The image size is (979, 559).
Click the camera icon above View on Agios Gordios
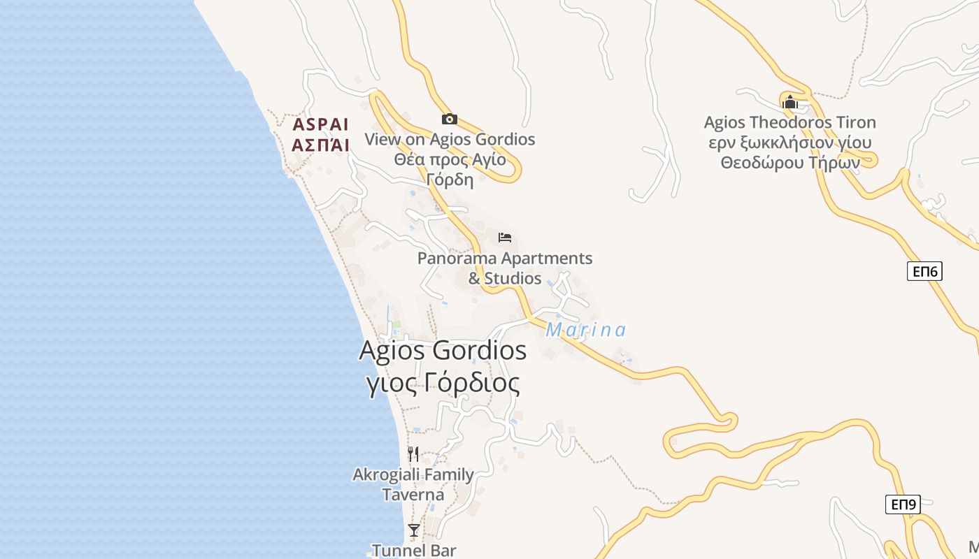pos(449,119)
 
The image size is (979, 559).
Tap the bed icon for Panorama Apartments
pos(505,238)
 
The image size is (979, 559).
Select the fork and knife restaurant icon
pos(413,454)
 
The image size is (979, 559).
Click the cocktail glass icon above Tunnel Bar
pos(414,530)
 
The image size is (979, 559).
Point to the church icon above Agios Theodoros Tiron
pos(790,102)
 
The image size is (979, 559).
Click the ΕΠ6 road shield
pos(924,271)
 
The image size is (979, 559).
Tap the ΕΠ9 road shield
pos(903,504)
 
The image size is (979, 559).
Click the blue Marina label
pos(585,330)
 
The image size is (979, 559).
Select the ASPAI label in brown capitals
pos(320,125)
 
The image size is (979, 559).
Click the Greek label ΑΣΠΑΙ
pos(320,145)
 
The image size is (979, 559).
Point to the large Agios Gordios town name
pos(443,350)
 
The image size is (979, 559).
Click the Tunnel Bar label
pos(413,550)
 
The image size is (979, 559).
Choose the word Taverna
pos(413,495)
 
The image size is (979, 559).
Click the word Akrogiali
pos(387,475)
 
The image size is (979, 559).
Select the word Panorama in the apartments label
pos(457,259)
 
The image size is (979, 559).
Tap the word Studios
pos(513,279)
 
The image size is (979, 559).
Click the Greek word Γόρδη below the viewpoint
pos(450,180)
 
